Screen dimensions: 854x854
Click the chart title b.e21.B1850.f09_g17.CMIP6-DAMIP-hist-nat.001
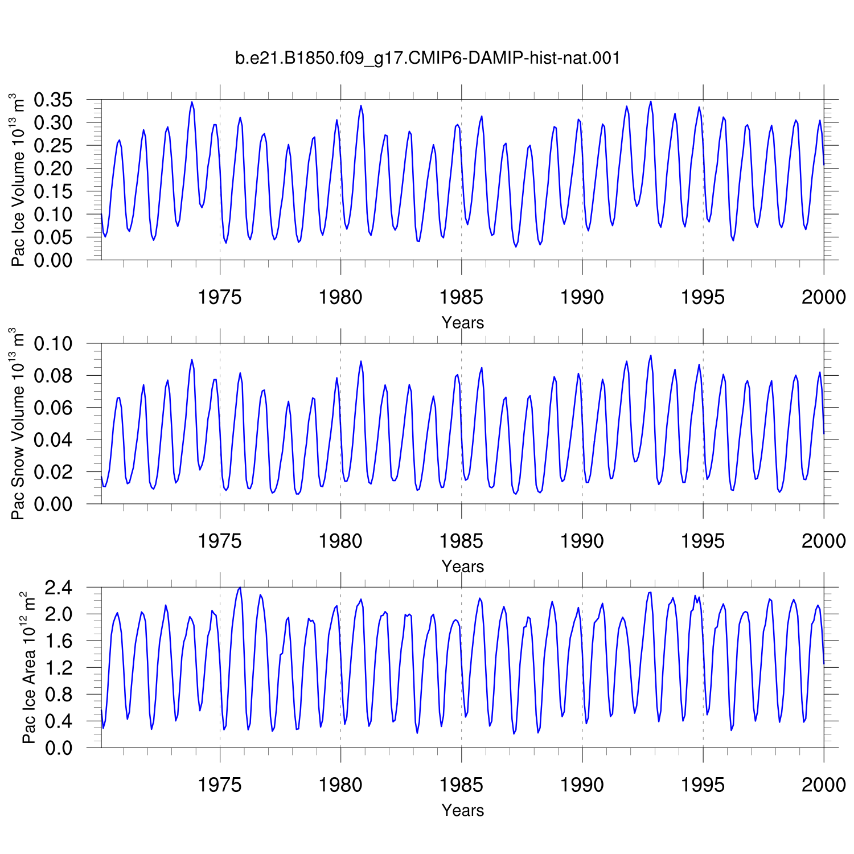(x=427, y=58)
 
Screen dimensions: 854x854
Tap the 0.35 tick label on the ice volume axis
(x=54, y=100)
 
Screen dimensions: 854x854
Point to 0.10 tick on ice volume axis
(x=54, y=215)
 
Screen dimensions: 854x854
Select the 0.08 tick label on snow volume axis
(x=54, y=376)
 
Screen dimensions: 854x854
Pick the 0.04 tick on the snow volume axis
(x=54, y=440)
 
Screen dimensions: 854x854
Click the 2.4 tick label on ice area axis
(x=59, y=588)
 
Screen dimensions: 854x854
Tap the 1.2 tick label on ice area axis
(x=59, y=668)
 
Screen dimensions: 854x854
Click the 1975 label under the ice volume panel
(x=220, y=297)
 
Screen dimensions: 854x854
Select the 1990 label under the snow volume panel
(x=582, y=541)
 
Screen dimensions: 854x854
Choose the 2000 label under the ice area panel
(x=824, y=785)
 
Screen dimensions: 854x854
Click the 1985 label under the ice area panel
(x=461, y=785)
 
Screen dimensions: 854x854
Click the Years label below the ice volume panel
(x=463, y=323)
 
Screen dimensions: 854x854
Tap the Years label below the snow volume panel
(x=463, y=566)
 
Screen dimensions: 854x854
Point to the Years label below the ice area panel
(x=463, y=810)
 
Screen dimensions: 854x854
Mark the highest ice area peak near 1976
(x=240, y=588)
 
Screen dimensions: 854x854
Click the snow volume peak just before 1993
(x=651, y=355)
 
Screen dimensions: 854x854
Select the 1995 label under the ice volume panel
(x=703, y=297)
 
